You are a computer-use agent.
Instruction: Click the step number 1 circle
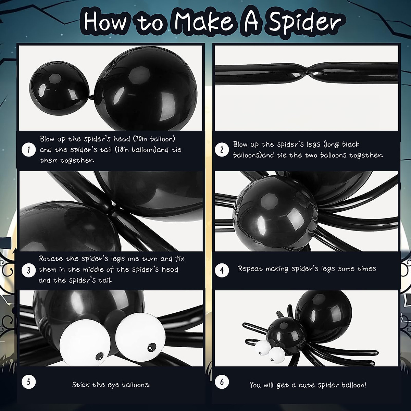click(x=29, y=150)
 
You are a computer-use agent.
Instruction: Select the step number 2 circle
click(x=222, y=150)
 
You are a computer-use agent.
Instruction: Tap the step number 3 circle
click(x=29, y=270)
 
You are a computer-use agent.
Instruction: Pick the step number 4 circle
click(x=222, y=270)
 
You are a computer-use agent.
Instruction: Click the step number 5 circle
click(x=29, y=382)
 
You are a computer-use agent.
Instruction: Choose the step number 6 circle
click(x=222, y=382)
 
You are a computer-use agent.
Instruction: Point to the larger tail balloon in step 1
click(x=146, y=89)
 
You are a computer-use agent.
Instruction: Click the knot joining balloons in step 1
click(x=93, y=98)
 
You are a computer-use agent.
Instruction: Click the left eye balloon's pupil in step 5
click(x=99, y=357)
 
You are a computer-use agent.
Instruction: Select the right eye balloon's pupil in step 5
click(x=151, y=348)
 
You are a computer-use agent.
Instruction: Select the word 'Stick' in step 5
click(x=81, y=385)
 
